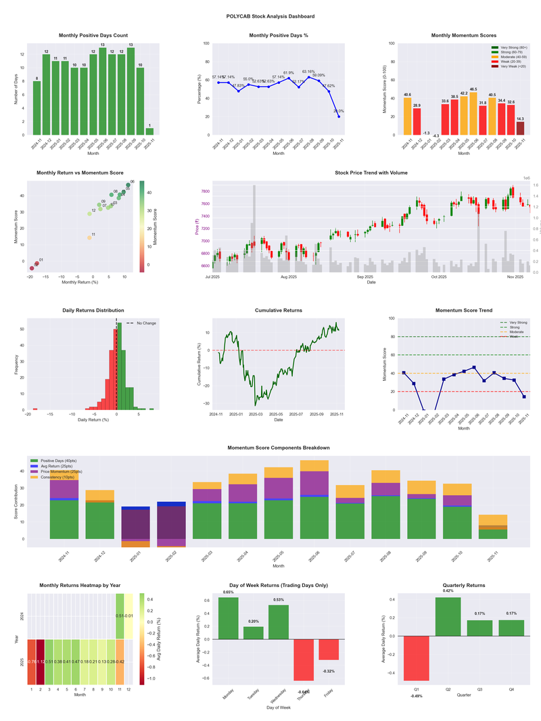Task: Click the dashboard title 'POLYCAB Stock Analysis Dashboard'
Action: [x=270, y=16]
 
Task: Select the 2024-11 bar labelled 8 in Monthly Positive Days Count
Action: [x=37, y=108]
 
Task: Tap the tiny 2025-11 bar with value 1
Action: [x=149, y=131]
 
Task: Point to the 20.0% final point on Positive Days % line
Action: [x=339, y=116]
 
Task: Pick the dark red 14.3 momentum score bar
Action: [x=520, y=129]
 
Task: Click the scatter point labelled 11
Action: [x=89, y=238]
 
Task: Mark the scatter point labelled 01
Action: [x=37, y=263]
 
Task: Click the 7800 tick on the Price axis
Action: [x=205, y=192]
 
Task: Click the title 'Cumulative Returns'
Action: [x=279, y=310]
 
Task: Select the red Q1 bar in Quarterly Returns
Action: [x=417, y=658]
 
